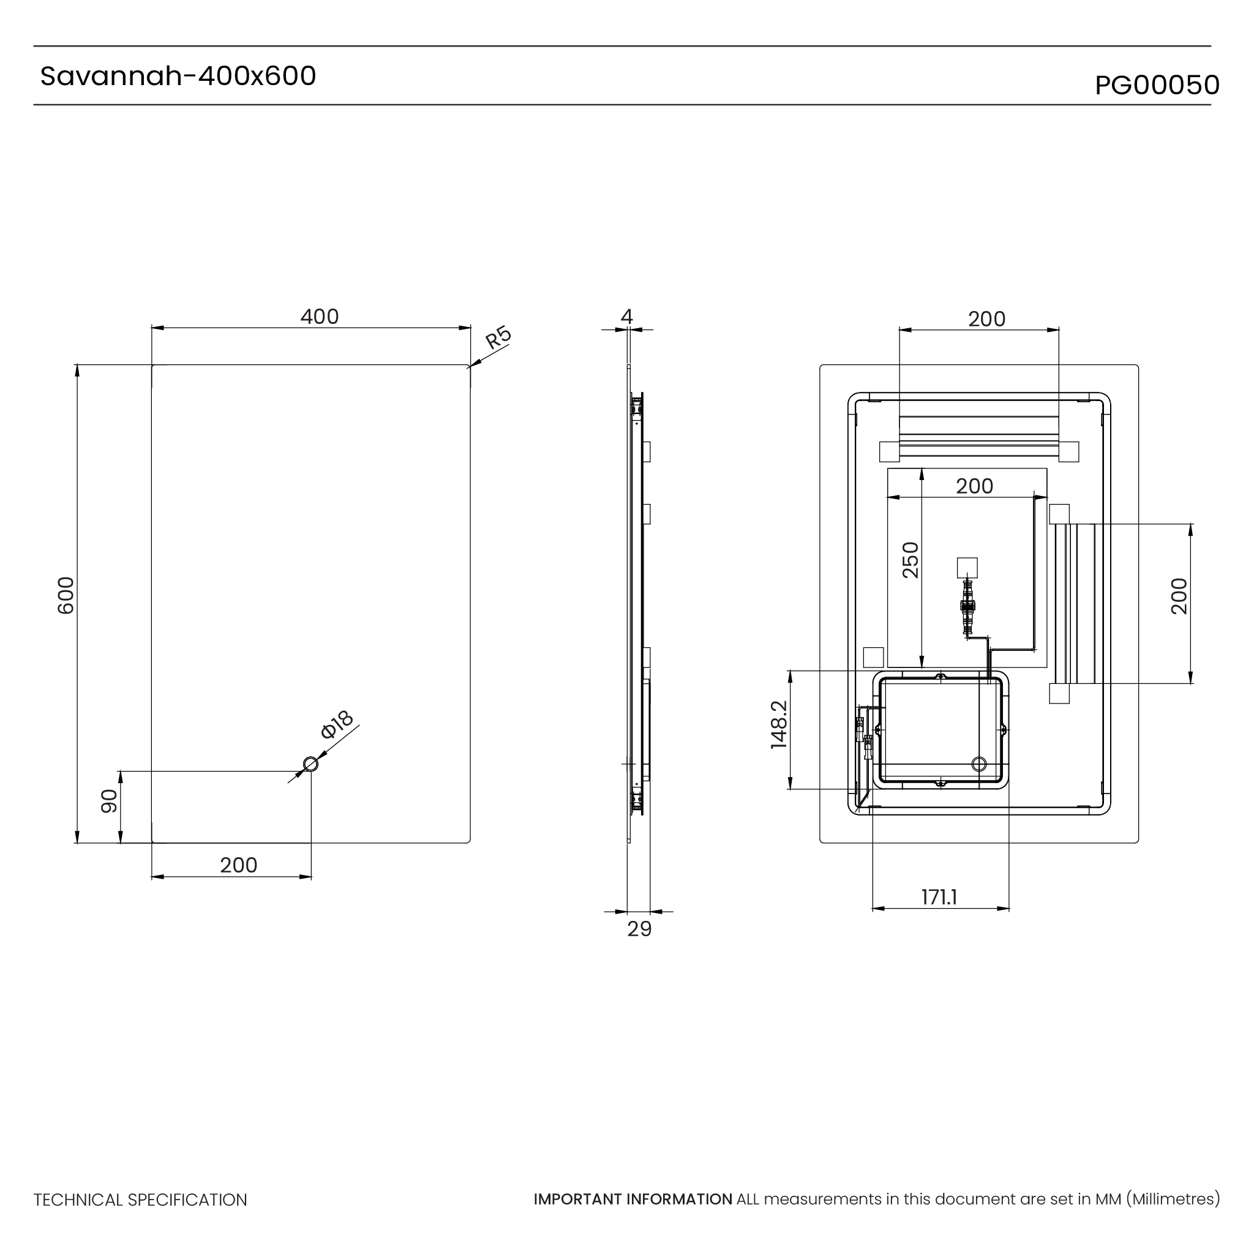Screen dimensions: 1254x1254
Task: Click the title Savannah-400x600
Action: click(178, 77)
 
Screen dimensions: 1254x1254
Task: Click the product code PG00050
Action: click(1157, 86)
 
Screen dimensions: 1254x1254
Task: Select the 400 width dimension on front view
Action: click(320, 317)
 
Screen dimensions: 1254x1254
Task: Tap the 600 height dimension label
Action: click(66, 595)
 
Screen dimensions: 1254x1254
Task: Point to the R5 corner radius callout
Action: click(498, 337)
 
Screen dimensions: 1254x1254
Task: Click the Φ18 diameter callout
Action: click(337, 724)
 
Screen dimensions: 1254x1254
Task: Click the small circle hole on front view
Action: click(311, 764)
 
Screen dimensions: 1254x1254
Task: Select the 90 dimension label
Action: click(109, 801)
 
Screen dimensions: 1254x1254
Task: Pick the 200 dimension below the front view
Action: click(238, 865)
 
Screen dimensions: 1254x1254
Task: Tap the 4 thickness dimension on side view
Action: click(626, 317)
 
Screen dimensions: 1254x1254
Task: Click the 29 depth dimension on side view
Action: click(639, 929)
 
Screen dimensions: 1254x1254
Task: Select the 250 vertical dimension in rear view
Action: click(911, 560)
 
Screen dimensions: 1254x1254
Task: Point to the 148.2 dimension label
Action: click(779, 725)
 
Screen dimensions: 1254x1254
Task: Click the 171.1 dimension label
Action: click(939, 898)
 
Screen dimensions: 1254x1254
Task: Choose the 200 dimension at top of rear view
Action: click(986, 320)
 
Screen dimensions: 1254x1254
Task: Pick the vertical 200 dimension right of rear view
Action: click(1179, 596)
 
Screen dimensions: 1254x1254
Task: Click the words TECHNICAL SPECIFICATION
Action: click(140, 1200)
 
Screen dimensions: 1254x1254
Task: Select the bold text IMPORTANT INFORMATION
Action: click(633, 1200)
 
